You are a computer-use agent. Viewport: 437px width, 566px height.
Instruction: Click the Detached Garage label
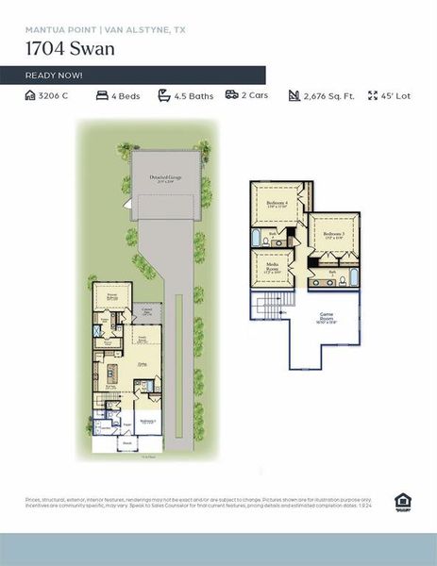[x=165, y=178]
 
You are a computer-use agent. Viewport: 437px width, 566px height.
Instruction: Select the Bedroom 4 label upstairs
[x=277, y=204]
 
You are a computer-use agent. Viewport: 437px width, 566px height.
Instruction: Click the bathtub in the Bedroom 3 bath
[x=353, y=276]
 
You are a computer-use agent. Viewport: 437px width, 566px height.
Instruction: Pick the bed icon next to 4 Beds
[x=102, y=95]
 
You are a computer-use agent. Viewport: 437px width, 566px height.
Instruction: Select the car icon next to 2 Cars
[x=231, y=95]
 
